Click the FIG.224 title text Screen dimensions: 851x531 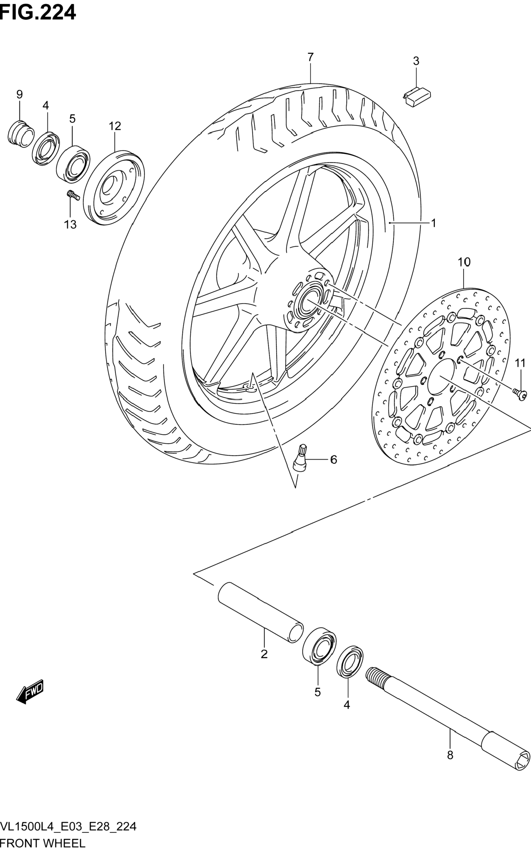pyautogui.click(x=38, y=13)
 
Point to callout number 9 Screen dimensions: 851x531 pyautogui.click(x=20, y=94)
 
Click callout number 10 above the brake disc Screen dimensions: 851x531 pyautogui.click(x=464, y=262)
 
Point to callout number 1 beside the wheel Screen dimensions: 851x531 pyautogui.click(x=433, y=223)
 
